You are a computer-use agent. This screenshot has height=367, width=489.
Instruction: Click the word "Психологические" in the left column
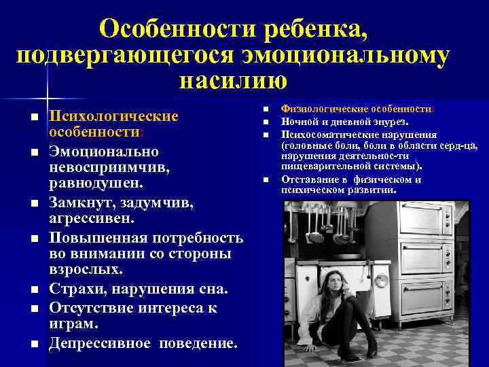click(x=114, y=117)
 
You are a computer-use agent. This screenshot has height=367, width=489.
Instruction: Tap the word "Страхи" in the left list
click(x=75, y=290)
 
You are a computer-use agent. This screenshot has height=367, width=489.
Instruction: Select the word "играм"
click(x=74, y=325)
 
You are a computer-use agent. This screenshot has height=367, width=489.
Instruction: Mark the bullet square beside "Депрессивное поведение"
click(x=33, y=343)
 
